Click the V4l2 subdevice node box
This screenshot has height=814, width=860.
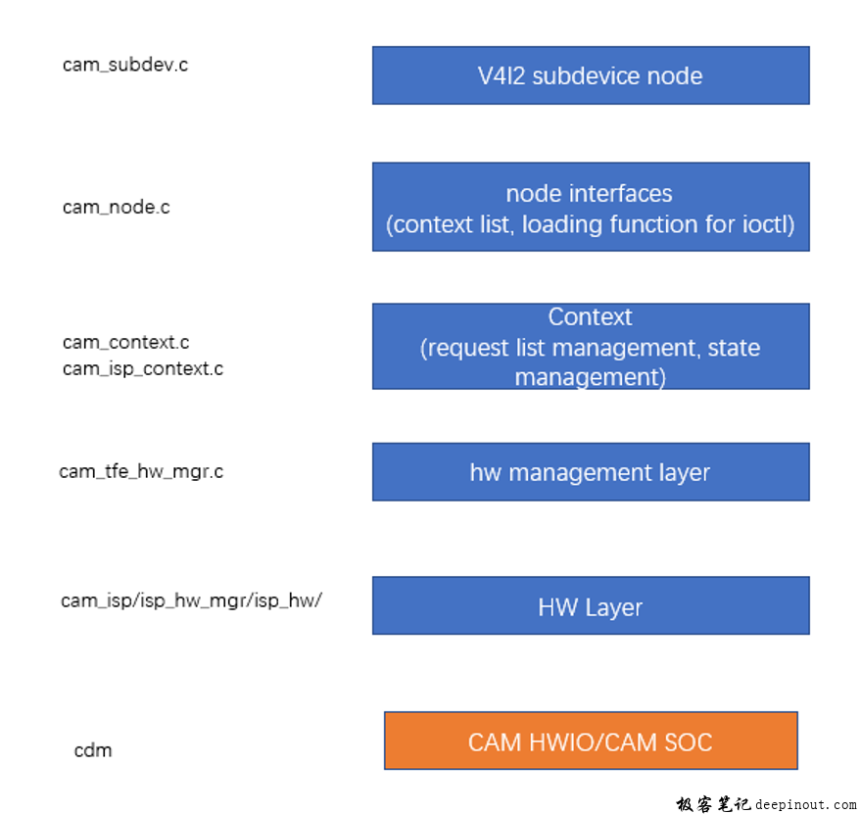[x=591, y=74]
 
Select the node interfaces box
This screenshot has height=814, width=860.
[x=591, y=207]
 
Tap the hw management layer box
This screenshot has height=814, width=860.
[x=591, y=471]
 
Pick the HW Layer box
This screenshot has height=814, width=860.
[x=591, y=605]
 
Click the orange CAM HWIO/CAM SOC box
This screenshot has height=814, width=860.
[x=591, y=741]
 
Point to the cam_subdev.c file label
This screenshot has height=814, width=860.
[x=125, y=66]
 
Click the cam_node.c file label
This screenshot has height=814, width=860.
[x=116, y=208]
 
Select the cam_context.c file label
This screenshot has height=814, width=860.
[x=125, y=343]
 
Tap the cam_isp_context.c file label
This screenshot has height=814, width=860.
[x=142, y=369]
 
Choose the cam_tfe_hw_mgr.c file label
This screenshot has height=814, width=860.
[x=141, y=472]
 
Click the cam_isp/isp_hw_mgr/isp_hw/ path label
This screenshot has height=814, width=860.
[x=191, y=600]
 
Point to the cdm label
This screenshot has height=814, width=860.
[x=93, y=751]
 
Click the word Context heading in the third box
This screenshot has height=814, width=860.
[x=590, y=317]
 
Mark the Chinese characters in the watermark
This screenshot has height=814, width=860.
[x=713, y=804]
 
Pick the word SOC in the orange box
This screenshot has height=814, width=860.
[x=687, y=742]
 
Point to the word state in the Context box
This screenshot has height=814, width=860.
[x=734, y=348]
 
